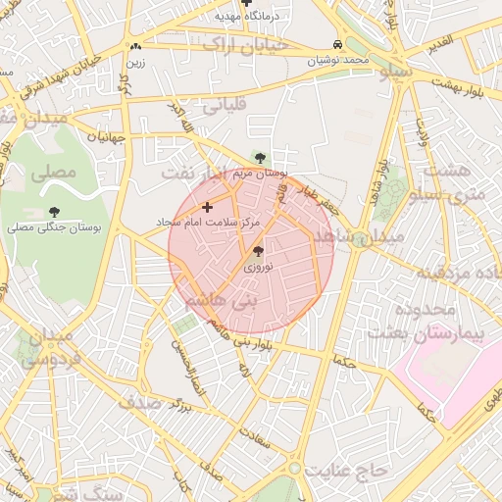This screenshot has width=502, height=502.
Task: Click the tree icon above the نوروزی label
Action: click(258, 252)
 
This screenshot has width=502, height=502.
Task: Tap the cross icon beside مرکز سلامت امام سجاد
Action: click(207, 207)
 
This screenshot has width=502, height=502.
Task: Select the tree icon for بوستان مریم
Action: click(260, 157)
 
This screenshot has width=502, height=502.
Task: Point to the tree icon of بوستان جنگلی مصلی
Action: click(53, 212)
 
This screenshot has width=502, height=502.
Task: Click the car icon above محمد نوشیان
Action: click(337, 45)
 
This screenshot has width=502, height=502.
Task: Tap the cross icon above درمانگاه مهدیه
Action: click(246, 4)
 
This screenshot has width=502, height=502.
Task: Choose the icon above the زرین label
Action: click(135, 46)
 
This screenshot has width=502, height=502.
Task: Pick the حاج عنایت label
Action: click(345, 472)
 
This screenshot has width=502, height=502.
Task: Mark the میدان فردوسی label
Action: click(46, 349)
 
